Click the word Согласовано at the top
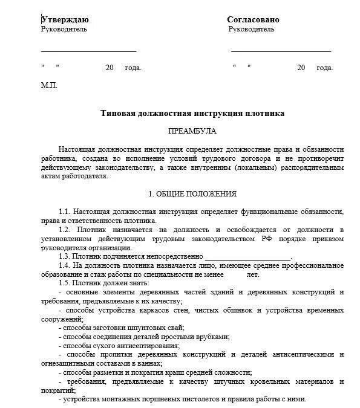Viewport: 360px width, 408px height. [x=253, y=19]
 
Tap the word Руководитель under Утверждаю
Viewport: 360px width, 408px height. [x=64, y=29]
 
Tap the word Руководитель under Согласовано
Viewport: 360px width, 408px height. [x=252, y=29]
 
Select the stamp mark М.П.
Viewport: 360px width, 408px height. [x=49, y=85]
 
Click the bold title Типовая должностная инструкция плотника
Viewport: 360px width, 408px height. [x=192, y=113]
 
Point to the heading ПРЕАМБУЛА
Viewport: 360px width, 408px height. [x=192, y=131]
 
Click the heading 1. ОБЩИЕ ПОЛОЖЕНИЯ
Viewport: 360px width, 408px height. [x=192, y=194]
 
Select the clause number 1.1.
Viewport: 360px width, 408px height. [x=65, y=212]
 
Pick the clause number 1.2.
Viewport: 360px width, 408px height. [x=65, y=230]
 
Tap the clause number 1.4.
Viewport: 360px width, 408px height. [x=65, y=266]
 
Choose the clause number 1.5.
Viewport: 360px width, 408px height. [x=65, y=283]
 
